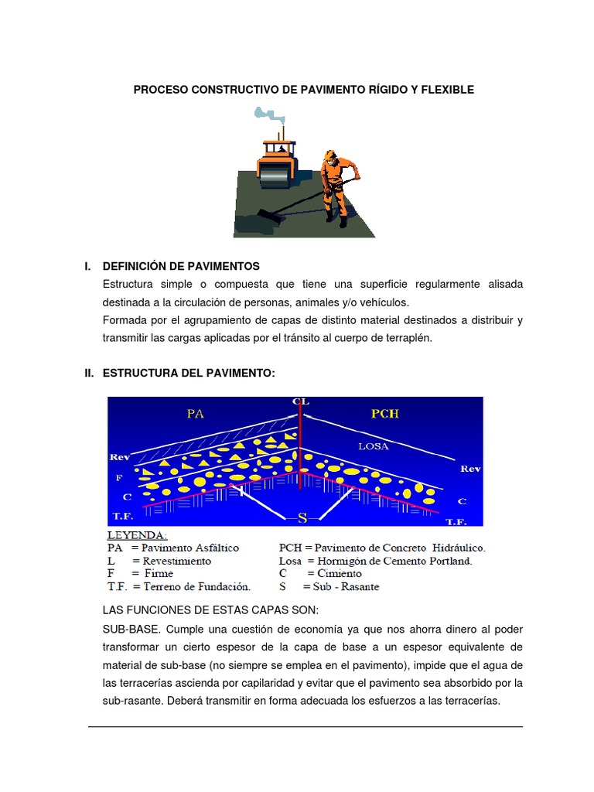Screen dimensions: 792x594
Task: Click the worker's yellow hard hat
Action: (332, 155)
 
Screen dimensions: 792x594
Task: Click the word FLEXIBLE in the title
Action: (447, 90)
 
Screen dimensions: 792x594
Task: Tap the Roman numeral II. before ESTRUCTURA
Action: (89, 374)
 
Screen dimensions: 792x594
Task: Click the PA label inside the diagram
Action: (195, 414)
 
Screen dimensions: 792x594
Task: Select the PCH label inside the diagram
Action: (384, 414)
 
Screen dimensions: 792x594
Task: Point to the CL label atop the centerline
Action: (301, 401)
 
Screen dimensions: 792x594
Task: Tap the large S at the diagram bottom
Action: (302, 517)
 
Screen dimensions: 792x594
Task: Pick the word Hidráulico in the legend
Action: (457, 548)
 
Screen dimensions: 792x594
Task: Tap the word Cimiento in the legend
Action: (337, 574)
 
